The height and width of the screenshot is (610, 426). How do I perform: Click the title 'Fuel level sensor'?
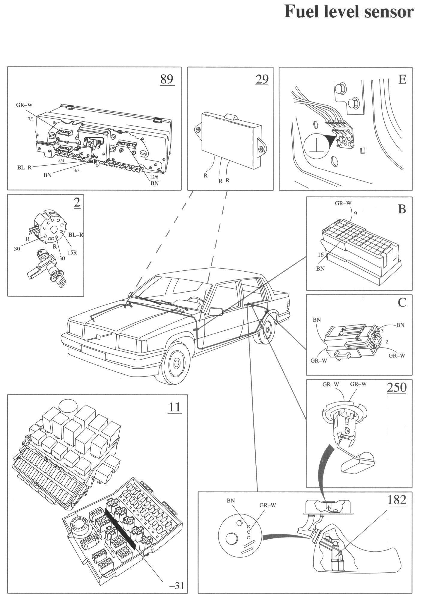[349, 12]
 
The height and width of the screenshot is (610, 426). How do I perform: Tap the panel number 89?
[167, 79]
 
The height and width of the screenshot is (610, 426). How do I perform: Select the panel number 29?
[262, 79]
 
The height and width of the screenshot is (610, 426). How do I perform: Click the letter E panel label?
[402, 80]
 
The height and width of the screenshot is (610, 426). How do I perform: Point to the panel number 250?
[396, 387]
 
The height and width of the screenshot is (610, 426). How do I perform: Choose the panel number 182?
[396, 500]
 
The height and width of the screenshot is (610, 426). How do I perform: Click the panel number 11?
[174, 407]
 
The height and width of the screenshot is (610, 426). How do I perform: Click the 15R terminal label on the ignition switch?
[72, 252]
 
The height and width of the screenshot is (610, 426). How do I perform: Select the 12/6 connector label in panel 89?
[153, 177]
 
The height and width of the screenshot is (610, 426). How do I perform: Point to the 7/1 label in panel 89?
[31, 119]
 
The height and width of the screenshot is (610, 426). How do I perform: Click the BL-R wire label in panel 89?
[24, 168]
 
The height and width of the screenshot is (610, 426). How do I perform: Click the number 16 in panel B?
[320, 255]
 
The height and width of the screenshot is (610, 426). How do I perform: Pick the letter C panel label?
[402, 303]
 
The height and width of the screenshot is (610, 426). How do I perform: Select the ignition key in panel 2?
[62, 281]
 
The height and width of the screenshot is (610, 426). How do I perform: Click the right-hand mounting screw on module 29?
[261, 149]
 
